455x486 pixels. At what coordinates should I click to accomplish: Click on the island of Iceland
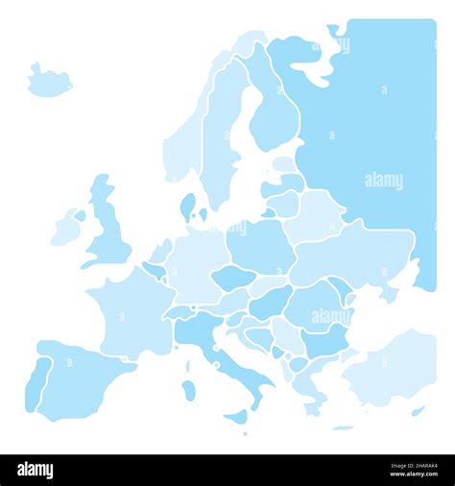click(48, 82)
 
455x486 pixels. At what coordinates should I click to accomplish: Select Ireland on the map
click(66, 228)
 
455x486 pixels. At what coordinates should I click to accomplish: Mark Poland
click(259, 245)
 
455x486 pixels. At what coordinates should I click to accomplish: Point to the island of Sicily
click(236, 416)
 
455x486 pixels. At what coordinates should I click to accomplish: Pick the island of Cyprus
click(418, 411)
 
